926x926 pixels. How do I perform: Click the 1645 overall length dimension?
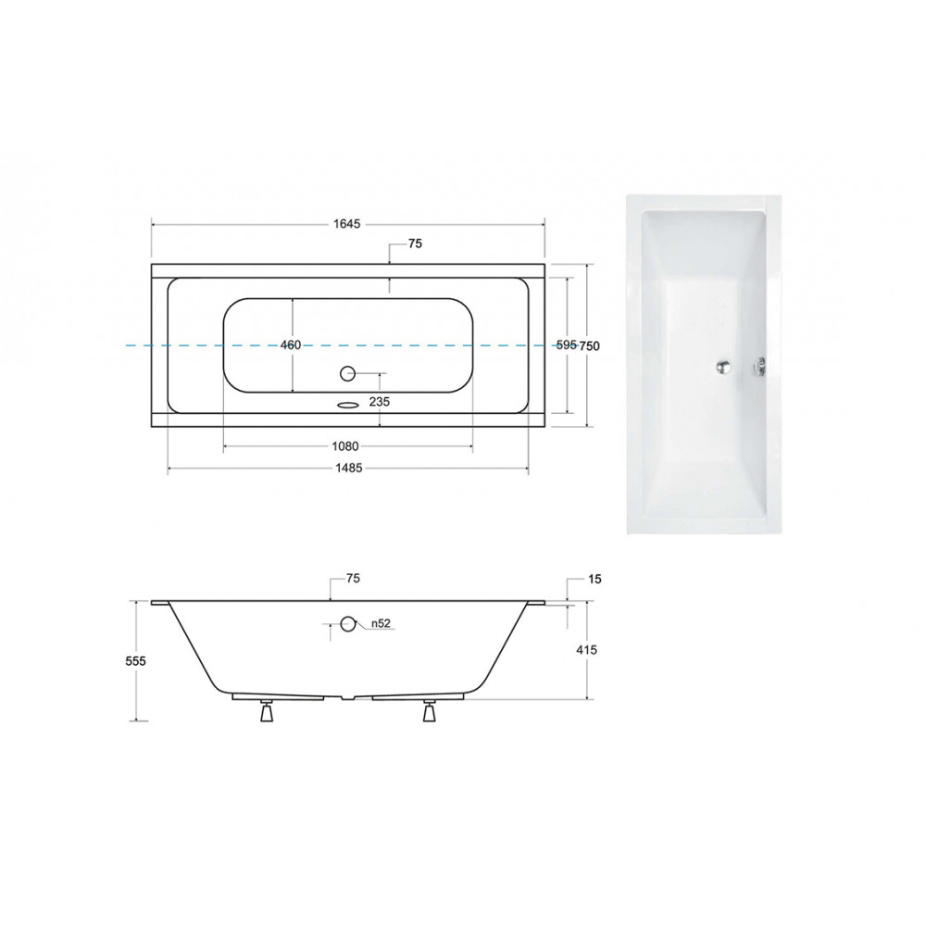click(x=346, y=224)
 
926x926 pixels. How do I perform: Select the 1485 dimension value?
click(x=348, y=469)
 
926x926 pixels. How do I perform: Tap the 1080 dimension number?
click(x=345, y=446)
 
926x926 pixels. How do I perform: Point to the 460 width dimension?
click(x=291, y=344)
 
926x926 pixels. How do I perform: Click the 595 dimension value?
click(x=566, y=344)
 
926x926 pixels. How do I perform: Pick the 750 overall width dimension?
click(x=589, y=345)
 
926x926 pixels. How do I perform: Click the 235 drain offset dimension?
click(x=379, y=402)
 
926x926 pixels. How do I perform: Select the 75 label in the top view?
click(x=415, y=244)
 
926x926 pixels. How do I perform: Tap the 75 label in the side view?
click(x=353, y=579)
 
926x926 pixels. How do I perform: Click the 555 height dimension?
click(x=136, y=661)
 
